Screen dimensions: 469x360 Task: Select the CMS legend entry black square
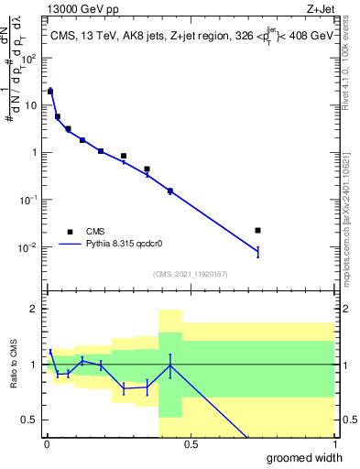[70, 232]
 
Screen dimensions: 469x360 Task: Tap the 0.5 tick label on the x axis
[191, 444]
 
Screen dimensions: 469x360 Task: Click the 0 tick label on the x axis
[47, 444]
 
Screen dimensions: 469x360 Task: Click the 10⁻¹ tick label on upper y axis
[28, 200]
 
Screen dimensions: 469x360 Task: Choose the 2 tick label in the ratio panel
[34, 309]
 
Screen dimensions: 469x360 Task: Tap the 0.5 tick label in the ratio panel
[29, 420]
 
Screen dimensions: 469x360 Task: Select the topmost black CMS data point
[50, 92]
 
